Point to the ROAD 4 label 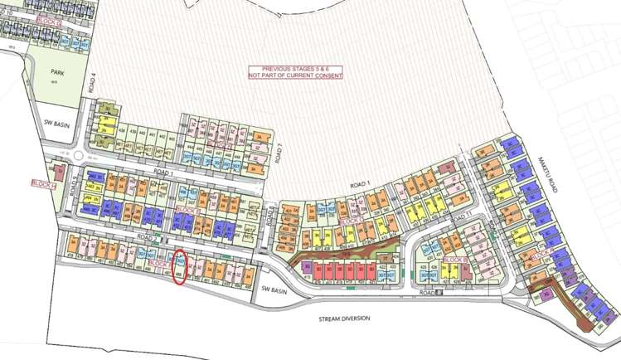96,84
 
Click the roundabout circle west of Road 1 80,156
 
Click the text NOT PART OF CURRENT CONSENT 295,75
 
